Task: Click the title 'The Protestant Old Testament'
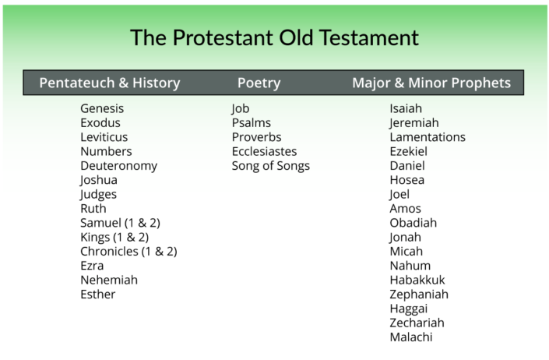[x=274, y=37]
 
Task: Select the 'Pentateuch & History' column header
[x=110, y=83]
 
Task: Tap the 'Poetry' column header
[x=259, y=83]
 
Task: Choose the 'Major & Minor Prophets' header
[x=431, y=83]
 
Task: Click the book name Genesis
[x=102, y=108]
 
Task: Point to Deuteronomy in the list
[x=118, y=165]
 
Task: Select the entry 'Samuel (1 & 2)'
[x=120, y=223]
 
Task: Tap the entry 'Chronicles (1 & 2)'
[x=128, y=251]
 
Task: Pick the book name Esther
[x=97, y=294]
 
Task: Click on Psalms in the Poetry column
[x=251, y=122]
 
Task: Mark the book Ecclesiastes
[x=264, y=151]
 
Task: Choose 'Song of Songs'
[x=270, y=165]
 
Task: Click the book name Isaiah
[x=406, y=108]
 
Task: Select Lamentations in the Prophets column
[x=428, y=137]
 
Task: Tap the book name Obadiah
[x=413, y=223]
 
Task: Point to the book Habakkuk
[x=417, y=280]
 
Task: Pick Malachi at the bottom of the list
[x=410, y=337]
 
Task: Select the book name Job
[x=240, y=108]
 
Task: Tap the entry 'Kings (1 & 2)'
[x=114, y=237]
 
